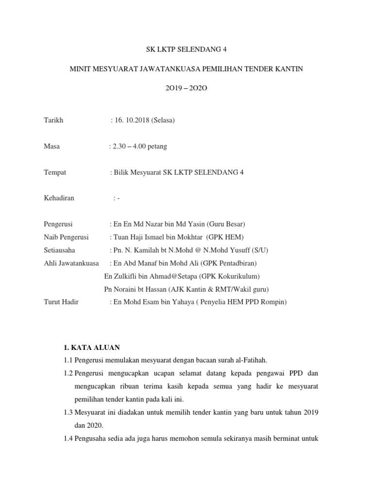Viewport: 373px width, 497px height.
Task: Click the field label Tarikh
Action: pyautogui.click(x=53, y=120)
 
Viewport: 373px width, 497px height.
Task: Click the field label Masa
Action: pyautogui.click(x=52, y=146)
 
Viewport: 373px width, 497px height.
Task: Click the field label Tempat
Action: pyautogui.click(x=55, y=172)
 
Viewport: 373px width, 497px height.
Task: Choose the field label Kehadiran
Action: pyautogui.click(x=59, y=198)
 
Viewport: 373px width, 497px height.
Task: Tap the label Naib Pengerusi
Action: pyautogui.click(x=66, y=237)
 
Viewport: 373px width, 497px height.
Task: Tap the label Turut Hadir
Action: pyautogui.click(x=61, y=302)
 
